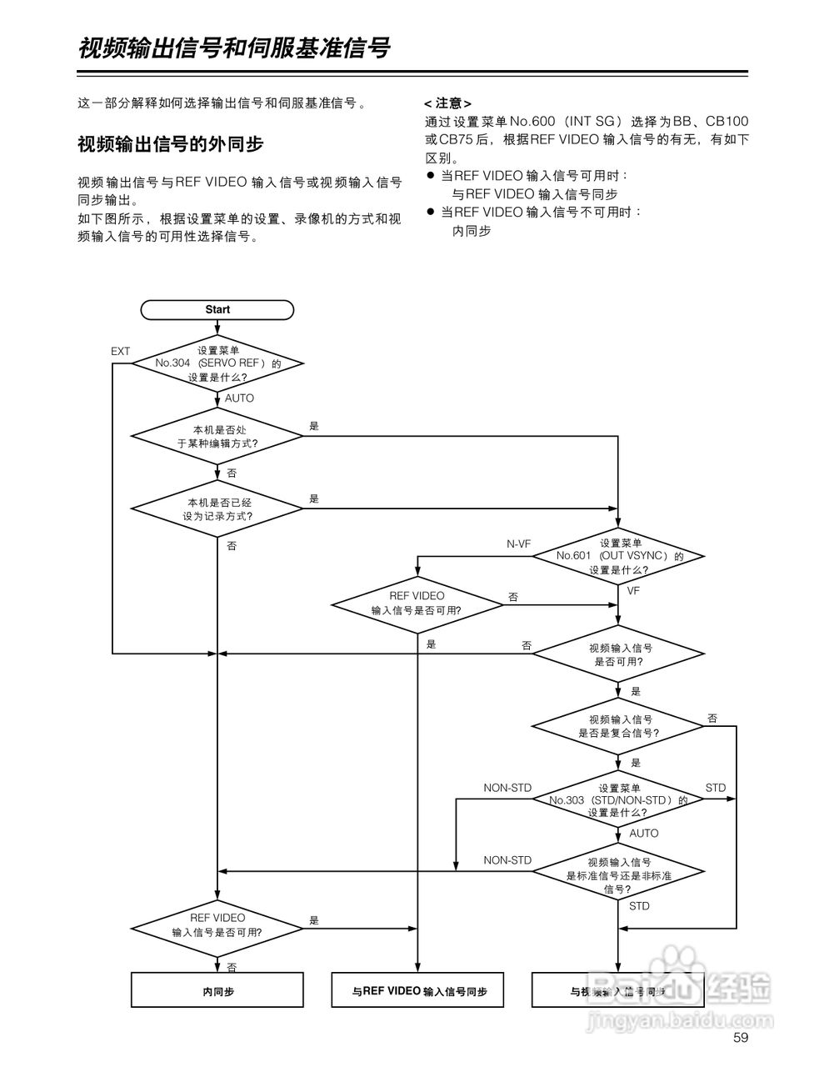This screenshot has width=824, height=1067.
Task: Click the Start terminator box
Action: pyautogui.click(x=217, y=309)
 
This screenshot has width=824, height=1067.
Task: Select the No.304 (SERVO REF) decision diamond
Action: pyautogui.click(x=217, y=363)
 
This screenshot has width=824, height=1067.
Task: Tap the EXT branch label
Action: pyautogui.click(x=121, y=351)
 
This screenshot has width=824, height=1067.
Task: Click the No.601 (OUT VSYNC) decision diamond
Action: pyautogui.click(x=618, y=556)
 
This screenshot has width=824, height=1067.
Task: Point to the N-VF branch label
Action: pyautogui.click(x=518, y=544)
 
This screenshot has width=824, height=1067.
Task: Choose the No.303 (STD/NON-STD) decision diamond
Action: pyautogui.click(x=618, y=799)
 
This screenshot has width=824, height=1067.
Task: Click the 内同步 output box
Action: pyautogui.click(x=217, y=991)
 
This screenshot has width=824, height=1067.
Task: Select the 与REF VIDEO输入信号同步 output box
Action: pyautogui.click(x=417, y=991)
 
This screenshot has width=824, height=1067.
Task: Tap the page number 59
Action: pyautogui.click(x=742, y=1038)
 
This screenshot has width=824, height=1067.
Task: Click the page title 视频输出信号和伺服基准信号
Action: pyautogui.click(x=234, y=48)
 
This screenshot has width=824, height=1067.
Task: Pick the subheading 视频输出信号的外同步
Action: pyautogui.click(x=170, y=143)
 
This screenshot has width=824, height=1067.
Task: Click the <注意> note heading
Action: pyautogui.click(x=447, y=103)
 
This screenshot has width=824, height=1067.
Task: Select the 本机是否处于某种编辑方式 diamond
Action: pyautogui.click(x=217, y=436)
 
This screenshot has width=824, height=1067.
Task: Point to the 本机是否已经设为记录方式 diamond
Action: pyautogui.click(x=217, y=508)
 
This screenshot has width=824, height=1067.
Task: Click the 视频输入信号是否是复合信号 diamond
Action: pyautogui.click(x=618, y=726)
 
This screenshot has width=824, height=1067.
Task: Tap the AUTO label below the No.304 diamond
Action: pyautogui.click(x=239, y=398)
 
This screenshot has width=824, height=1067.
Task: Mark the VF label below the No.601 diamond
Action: pyautogui.click(x=633, y=590)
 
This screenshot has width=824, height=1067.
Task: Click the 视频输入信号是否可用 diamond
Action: pyautogui.click(x=618, y=654)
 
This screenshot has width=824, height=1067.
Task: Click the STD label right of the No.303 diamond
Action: pyautogui.click(x=715, y=788)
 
